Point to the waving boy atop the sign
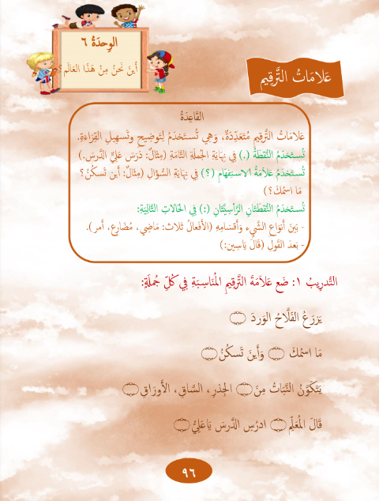[x=123, y=13]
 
